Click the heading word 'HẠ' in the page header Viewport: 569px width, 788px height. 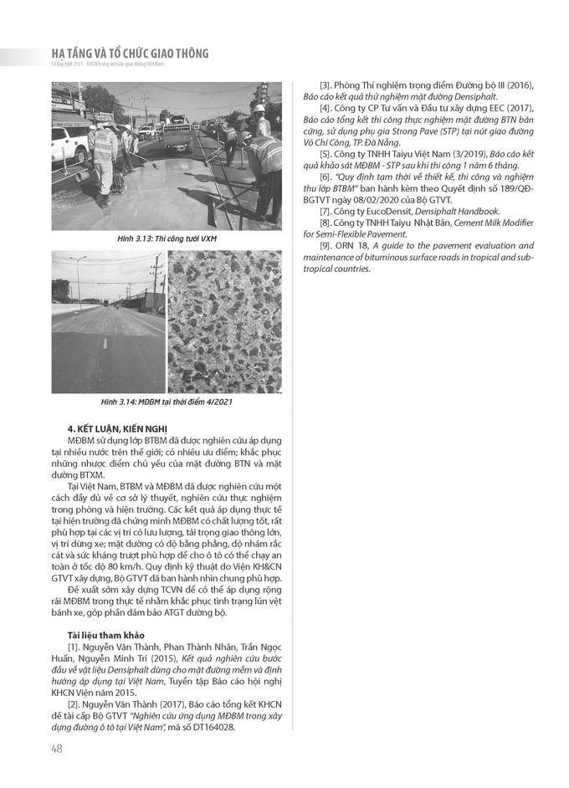62,54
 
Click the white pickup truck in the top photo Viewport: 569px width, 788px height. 69,142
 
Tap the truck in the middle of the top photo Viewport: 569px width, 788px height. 177,134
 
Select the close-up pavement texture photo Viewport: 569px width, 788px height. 224,321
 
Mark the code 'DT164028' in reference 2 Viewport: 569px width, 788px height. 214,727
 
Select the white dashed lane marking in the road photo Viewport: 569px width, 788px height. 106,342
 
